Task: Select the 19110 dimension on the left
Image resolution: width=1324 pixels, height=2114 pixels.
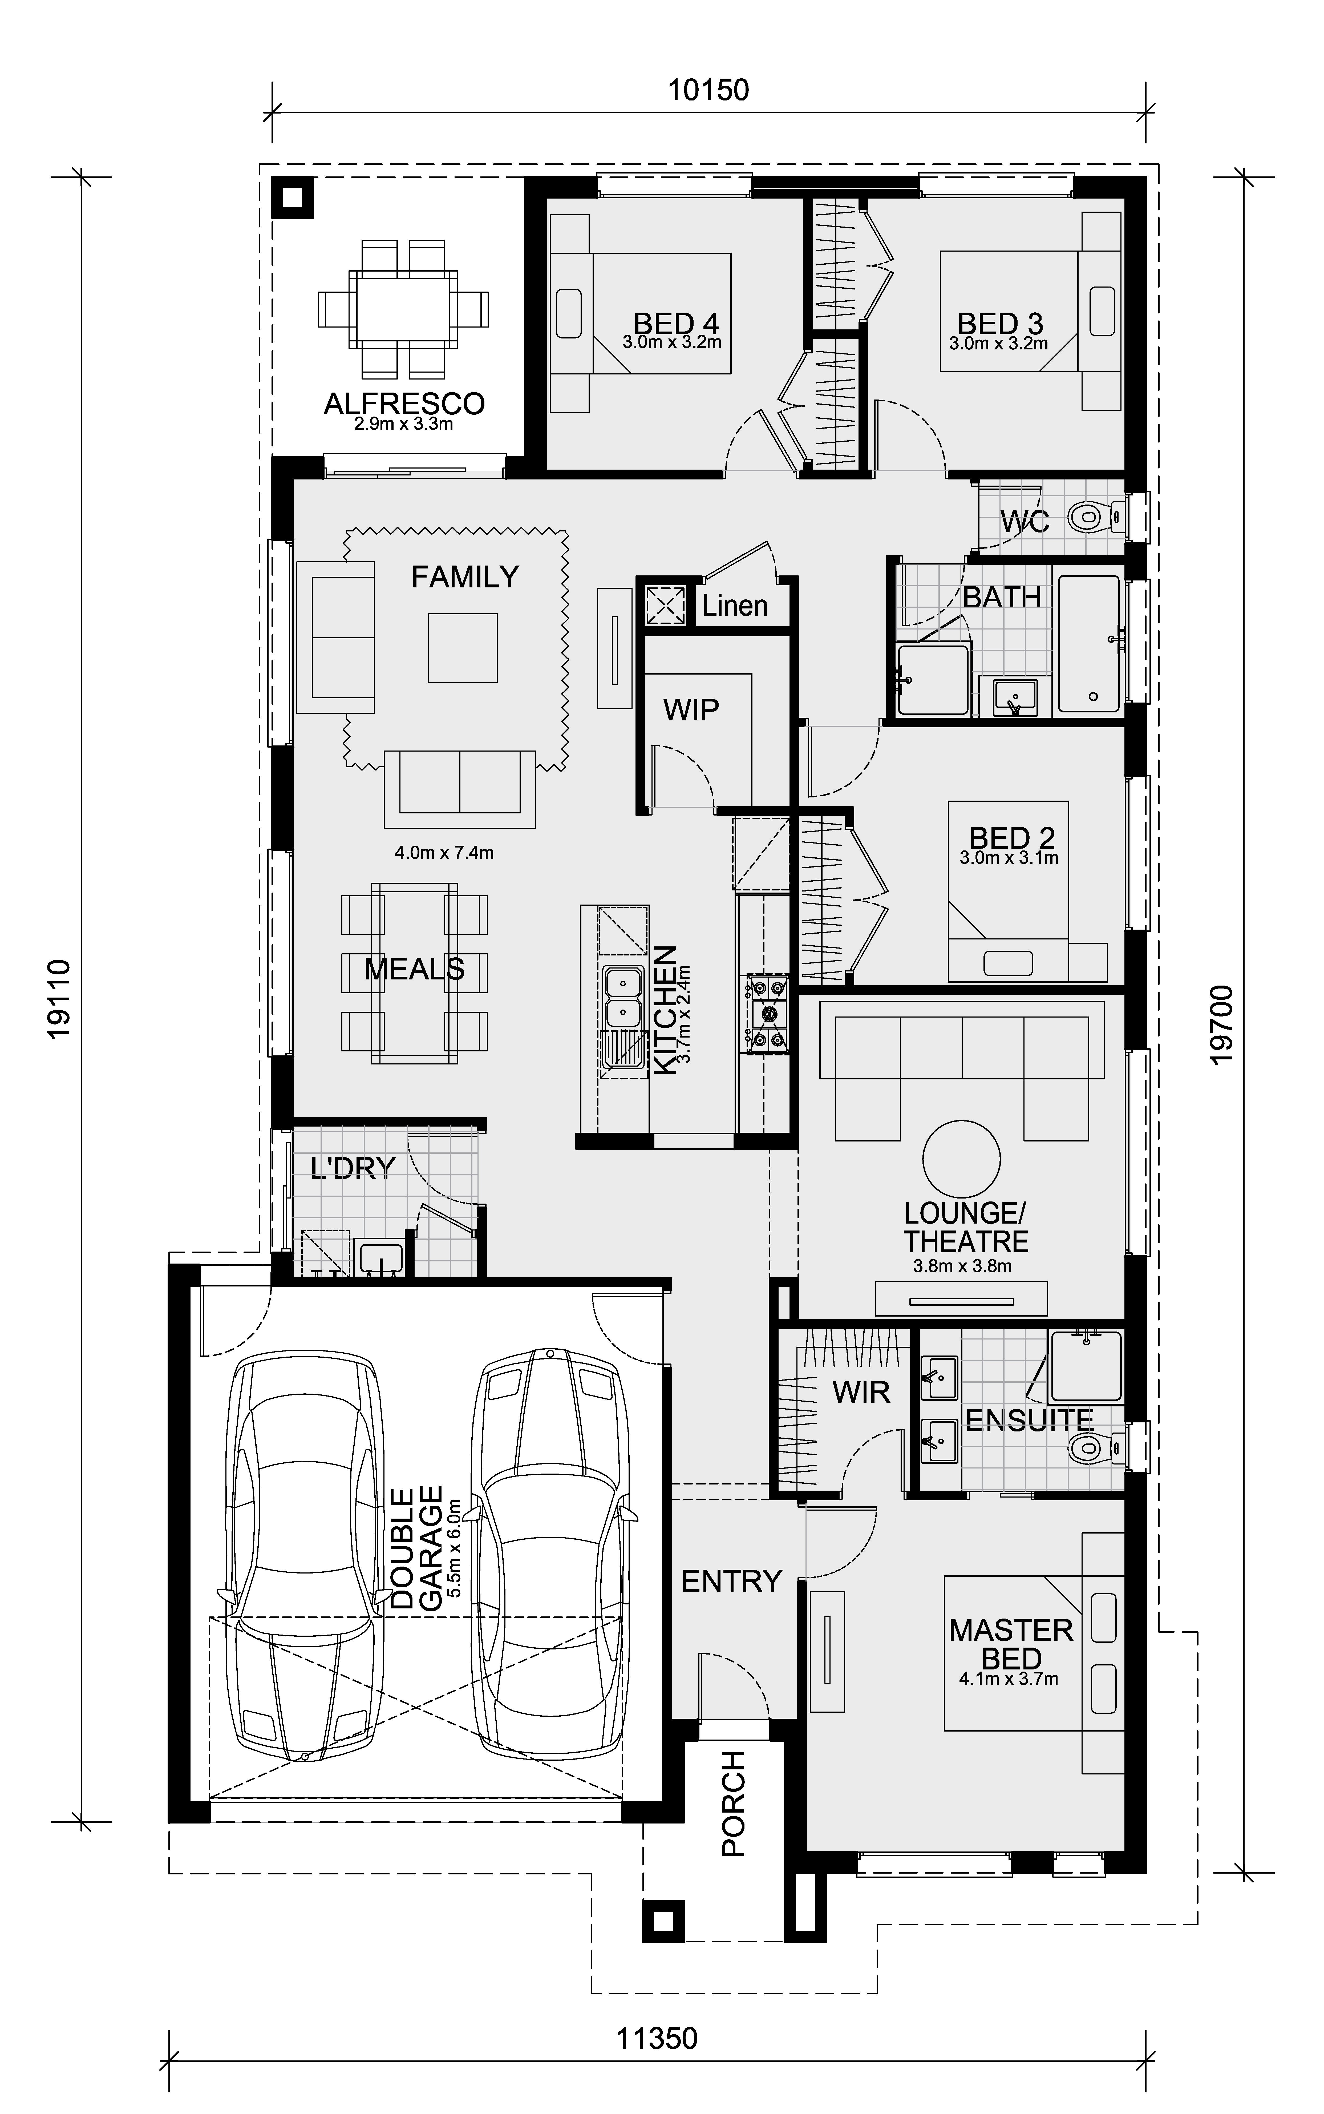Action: (x=58, y=999)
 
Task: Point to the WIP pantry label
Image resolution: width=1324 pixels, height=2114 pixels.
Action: (x=691, y=709)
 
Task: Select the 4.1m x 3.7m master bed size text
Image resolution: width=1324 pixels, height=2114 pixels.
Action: (x=1009, y=1679)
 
